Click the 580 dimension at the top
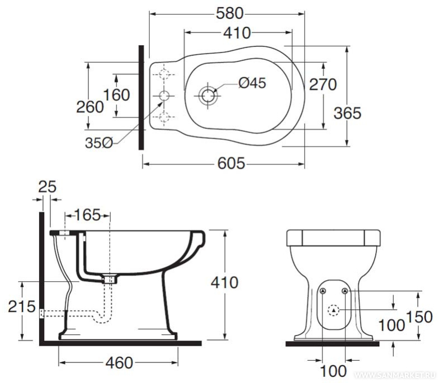coord(229,13)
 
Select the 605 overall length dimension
coord(231,163)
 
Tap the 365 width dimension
coord(347,113)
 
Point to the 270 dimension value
coord(323,84)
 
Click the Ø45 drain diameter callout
coord(252,83)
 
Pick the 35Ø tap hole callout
coord(99,143)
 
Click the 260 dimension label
coord(90,107)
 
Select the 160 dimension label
coord(117,94)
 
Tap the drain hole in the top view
coord(208,96)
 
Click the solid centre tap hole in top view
coord(164,96)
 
